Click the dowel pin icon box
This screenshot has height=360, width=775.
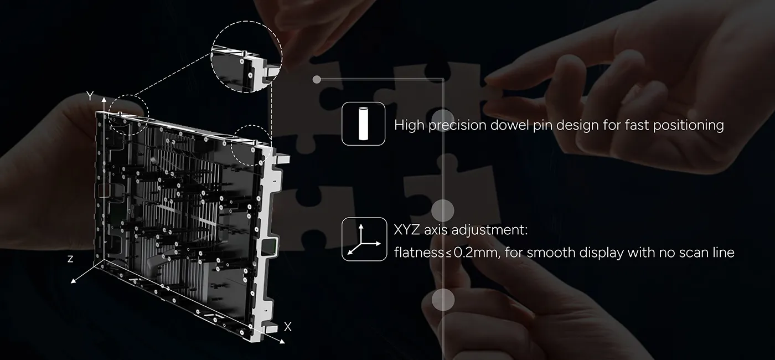pyautogui.click(x=363, y=124)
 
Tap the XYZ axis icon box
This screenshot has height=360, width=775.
pyautogui.click(x=364, y=239)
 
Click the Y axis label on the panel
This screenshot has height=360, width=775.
pyautogui.click(x=90, y=96)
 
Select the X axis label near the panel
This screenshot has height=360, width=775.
pyautogui.click(x=287, y=326)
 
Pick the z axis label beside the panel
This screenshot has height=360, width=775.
pyautogui.click(x=70, y=259)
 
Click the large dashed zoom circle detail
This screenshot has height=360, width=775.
pyautogui.click(x=246, y=56)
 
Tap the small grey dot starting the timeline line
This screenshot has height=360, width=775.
pyautogui.click(x=317, y=80)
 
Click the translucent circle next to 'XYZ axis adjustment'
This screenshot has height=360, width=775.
pyautogui.click(x=443, y=210)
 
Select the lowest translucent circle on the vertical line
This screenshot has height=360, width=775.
pyautogui.click(x=443, y=299)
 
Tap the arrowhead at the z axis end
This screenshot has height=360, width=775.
pyautogui.click(x=73, y=281)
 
